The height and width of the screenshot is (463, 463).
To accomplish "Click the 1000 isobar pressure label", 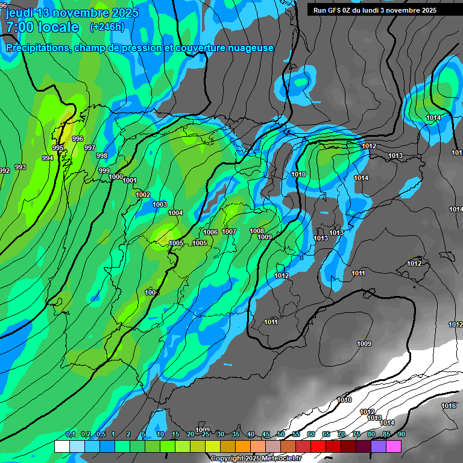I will pyautogui.click(x=116, y=177).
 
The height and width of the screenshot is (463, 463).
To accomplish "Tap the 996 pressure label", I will pyautogui.click(x=78, y=139).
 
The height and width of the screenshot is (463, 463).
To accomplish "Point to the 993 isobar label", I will pyautogui.click(x=20, y=167).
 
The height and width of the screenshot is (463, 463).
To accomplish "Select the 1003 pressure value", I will pyautogui.click(x=160, y=204).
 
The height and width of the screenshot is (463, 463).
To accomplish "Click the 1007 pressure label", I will pyautogui.click(x=229, y=231).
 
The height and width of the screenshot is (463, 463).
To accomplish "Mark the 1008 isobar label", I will pyautogui.click(x=257, y=231).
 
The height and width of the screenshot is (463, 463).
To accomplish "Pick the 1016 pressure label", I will pyautogui.click(x=449, y=406).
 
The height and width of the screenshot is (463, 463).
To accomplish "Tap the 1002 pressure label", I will pyautogui.click(x=143, y=195).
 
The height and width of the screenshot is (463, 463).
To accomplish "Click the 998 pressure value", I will pyautogui.click(x=102, y=156).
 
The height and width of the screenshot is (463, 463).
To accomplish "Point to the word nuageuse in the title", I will pyautogui.click(x=248, y=48).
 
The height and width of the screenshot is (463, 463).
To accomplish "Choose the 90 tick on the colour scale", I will pyautogui.click(x=401, y=434).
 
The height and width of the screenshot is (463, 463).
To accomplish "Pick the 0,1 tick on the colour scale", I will pyautogui.click(x=71, y=434).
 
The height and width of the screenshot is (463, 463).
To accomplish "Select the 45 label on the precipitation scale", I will pyautogui.click(x=266, y=434).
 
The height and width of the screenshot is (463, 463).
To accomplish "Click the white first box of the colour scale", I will pyautogui.click(x=61, y=446).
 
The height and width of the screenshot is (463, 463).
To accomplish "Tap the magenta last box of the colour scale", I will pyautogui.click(x=394, y=446).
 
